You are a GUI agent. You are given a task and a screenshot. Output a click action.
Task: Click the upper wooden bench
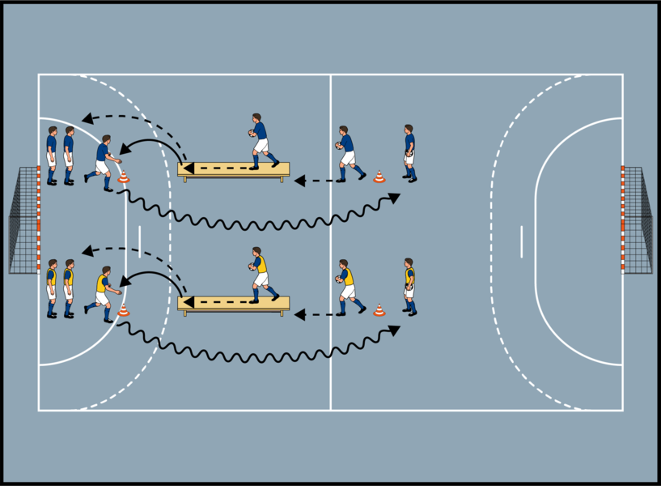[233, 169]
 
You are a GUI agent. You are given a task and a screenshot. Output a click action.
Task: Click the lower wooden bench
[233, 303]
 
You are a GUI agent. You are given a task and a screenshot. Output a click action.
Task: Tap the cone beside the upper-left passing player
[123, 177]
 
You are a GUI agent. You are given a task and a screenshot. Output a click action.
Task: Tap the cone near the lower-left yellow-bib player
[123, 309]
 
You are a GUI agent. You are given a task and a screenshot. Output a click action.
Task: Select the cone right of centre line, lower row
[379, 309]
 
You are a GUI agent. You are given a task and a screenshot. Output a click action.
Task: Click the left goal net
[23, 220]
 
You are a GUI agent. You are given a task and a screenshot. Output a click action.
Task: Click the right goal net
[638, 220]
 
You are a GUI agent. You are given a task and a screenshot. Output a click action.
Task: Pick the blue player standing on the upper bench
[260, 141]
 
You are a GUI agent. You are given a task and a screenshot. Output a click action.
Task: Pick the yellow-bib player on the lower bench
[260, 275]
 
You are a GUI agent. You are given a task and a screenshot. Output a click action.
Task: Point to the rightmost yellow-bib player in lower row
[409, 286]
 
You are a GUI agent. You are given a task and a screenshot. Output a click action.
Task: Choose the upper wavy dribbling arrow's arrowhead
[395, 197]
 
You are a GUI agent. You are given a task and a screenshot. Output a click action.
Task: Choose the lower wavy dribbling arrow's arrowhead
[395, 330]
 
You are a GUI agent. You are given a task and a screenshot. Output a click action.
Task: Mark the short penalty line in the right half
[522, 241]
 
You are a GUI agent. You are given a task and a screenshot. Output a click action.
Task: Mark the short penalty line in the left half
[139, 241]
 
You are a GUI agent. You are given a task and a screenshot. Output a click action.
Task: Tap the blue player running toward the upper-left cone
[103, 161]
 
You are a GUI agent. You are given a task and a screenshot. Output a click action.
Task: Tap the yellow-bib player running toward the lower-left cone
[103, 293]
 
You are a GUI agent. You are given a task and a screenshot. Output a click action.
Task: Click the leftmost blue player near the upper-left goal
[51, 155]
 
